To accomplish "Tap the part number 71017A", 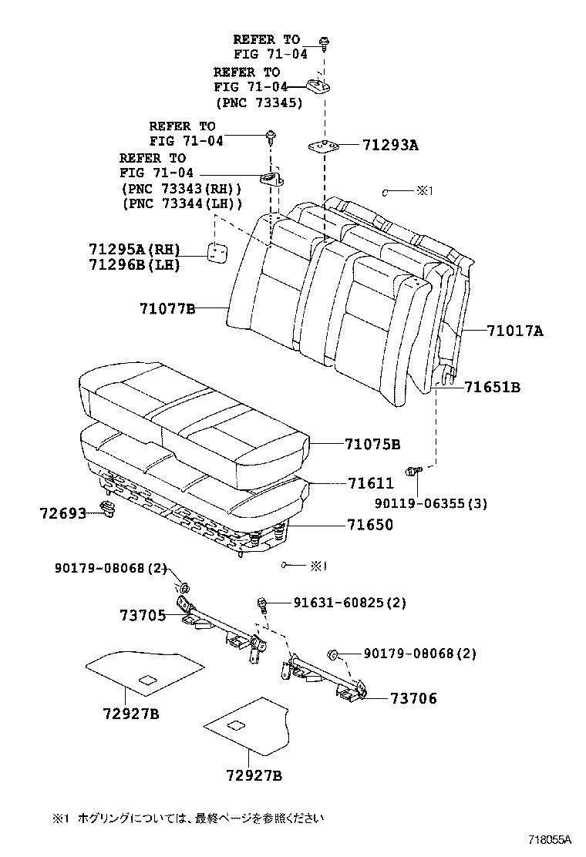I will point(515,331).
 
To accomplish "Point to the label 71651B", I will point(492,388).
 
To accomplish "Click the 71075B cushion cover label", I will point(372,445).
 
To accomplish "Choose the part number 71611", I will point(370,484).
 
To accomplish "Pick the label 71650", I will point(370,525).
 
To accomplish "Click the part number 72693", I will point(63,511).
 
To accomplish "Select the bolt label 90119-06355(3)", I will point(443,504).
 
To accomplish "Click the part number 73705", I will point(143,615).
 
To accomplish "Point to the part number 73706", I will point(413,698).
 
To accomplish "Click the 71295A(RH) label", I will point(134,249).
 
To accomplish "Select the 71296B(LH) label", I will point(134,264).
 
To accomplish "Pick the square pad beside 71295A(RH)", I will point(217,251).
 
